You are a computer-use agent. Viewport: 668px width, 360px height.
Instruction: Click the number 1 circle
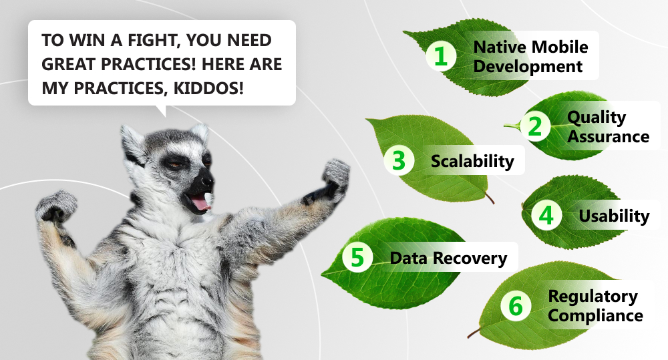point(441,56)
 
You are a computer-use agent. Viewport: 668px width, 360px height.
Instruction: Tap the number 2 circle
point(535,126)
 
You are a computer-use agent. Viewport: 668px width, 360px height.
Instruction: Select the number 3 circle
point(399,160)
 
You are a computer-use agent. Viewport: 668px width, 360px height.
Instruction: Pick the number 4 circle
point(546,215)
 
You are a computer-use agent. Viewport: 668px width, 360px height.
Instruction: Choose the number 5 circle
point(357,257)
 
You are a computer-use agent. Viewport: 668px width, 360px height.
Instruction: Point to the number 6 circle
point(516,305)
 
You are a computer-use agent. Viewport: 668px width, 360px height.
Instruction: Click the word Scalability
point(472,162)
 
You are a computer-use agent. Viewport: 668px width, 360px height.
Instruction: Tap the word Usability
point(614,216)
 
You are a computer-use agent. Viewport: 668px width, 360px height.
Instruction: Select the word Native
point(500,47)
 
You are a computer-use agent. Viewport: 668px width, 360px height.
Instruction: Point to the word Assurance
point(609,137)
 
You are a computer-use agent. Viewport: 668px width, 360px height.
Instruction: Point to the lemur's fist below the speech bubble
point(56,206)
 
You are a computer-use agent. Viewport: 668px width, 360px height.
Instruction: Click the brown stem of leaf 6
point(474,333)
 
